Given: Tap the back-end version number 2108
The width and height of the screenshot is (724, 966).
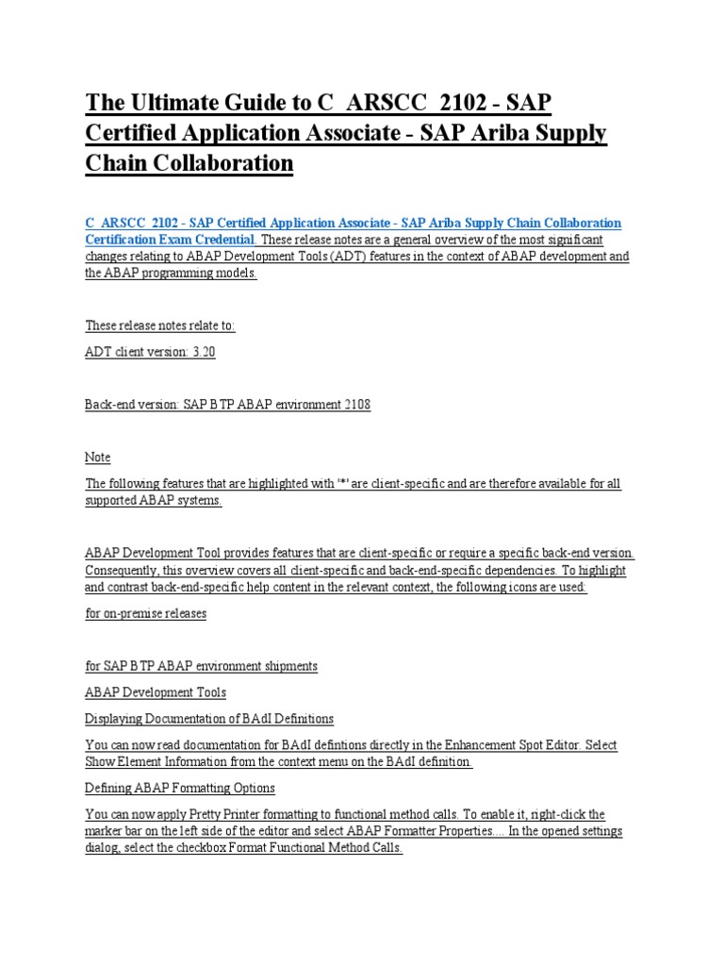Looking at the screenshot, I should [x=354, y=405].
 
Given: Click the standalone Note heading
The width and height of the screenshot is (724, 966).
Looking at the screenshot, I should [x=98, y=458].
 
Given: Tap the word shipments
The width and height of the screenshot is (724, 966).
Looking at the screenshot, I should [x=287, y=666].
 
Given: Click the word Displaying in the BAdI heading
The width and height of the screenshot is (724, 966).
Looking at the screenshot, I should [x=113, y=719].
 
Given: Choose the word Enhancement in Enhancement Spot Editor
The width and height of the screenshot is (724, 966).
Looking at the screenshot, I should [x=469, y=745].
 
